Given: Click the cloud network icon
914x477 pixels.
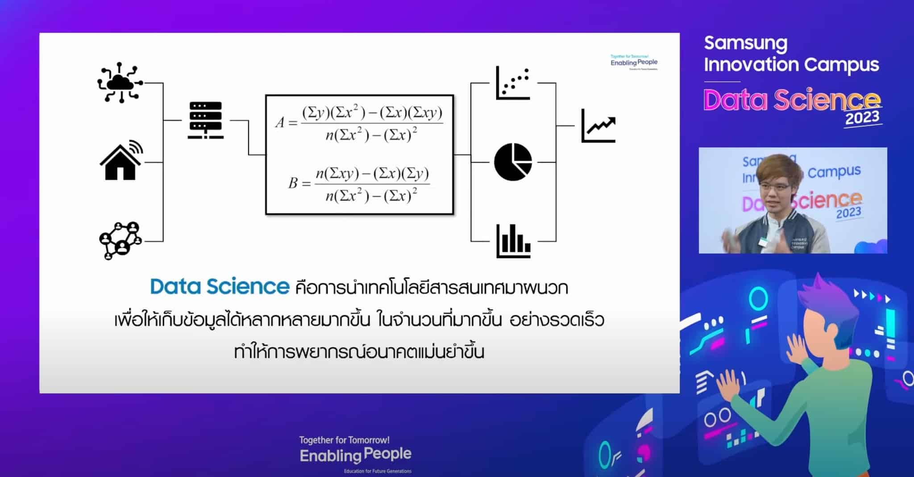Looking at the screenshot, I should coord(119,83).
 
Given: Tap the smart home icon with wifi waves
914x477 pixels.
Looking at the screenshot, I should coord(120,161).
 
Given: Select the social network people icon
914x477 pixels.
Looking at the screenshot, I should coord(120,240).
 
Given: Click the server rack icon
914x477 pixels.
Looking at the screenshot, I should coord(205,120).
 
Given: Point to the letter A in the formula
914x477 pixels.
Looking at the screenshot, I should coord(280,122).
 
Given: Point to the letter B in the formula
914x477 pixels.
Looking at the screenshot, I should coord(293,183).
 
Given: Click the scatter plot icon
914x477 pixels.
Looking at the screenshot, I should coord(513,83).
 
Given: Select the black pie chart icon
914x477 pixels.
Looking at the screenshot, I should coord(513,162).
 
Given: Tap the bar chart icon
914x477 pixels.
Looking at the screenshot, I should coord(513,241).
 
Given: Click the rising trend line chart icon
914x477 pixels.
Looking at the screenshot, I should coord(598,126).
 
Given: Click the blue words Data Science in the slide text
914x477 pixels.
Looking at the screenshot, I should coord(220,287).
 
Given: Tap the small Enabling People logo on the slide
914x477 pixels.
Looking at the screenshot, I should coord(634,63).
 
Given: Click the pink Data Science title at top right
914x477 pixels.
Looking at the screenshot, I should coord(792,100).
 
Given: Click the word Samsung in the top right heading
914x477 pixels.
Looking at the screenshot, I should coord(745,43).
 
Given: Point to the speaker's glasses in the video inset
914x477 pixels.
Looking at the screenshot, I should coord(777,186).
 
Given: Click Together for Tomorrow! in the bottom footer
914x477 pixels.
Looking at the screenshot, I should coord(344,440).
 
